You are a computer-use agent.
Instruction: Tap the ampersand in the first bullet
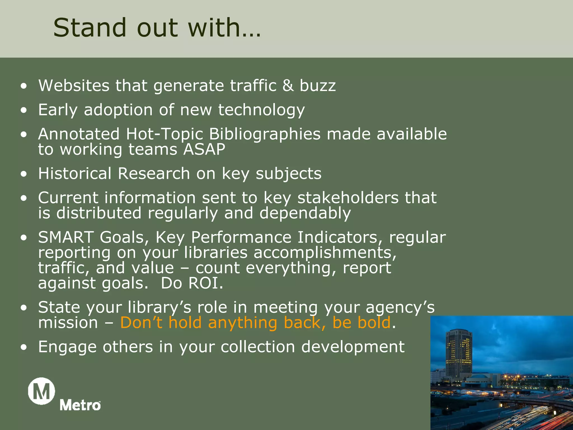(288, 85)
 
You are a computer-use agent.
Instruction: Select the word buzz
(318, 85)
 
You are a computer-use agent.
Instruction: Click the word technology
(261, 110)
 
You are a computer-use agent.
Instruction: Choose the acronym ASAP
(204, 149)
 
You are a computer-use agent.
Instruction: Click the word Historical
(75, 174)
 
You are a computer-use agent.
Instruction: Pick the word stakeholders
(348, 198)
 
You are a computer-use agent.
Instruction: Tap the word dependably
(305, 213)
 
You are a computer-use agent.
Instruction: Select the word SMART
(66, 237)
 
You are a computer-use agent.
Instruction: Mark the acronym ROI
(206, 283)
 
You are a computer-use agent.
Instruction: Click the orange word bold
(374, 322)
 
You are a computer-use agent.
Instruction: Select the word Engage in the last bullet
(67, 347)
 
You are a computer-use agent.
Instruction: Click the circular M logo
(41, 391)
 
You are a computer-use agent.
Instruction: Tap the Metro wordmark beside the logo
(80, 405)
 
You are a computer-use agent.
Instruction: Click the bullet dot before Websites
(24, 86)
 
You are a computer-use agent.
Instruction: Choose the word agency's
(400, 308)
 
